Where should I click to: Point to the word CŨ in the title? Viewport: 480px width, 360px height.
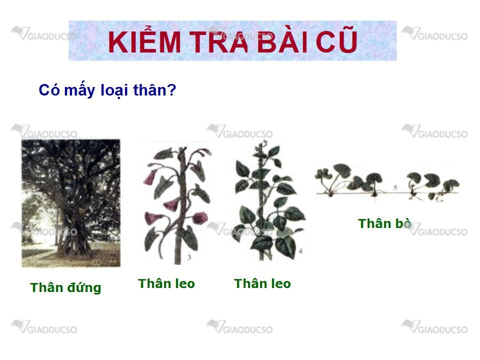click(x=336, y=40)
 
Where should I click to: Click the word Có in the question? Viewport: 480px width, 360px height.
click(x=49, y=90)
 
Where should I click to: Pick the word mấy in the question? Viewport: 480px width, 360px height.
click(x=79, y=90)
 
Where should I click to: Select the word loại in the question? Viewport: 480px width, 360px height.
click(x=114, y=90)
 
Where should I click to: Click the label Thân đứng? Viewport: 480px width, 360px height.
click(x=65, y=288)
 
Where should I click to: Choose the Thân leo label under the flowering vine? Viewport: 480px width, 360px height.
click(x=166, y=283)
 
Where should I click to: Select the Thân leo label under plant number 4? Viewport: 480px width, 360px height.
click(x=262, y=283)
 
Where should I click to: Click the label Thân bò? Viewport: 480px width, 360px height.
click(x=384, y=223)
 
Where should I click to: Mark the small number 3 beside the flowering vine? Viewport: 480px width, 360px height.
click(x=189, y=257)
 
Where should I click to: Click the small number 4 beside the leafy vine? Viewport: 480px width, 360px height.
click(x=300, y=251)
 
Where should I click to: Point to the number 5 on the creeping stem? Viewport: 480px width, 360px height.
click(x=395, y=186)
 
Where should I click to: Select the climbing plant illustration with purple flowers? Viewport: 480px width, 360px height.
click(x=177, y=205)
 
